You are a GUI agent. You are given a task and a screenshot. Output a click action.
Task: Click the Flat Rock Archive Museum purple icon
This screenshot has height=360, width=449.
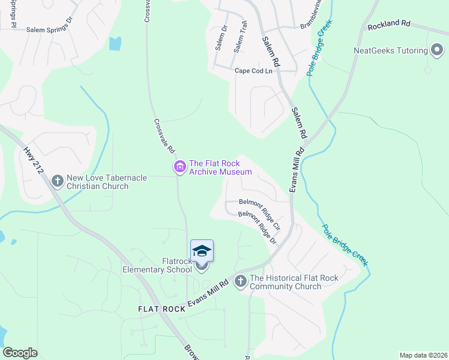(179, 167)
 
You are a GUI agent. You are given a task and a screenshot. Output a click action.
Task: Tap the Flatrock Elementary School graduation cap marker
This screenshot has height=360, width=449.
(202, 251)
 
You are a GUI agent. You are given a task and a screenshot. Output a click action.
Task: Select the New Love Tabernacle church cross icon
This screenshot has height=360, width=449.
(58, 181)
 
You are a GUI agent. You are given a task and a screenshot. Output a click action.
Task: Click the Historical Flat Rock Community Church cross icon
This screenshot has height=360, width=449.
(240, 281)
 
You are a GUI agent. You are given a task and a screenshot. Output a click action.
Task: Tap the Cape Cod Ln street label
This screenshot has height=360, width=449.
(253, 71)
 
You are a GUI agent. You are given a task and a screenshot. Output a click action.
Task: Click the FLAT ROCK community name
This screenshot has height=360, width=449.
(161, 308)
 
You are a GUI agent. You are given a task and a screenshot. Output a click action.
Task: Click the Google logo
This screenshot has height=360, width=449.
(20, 353)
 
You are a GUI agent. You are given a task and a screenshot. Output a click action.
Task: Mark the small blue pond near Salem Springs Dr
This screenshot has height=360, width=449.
(115, 43)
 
